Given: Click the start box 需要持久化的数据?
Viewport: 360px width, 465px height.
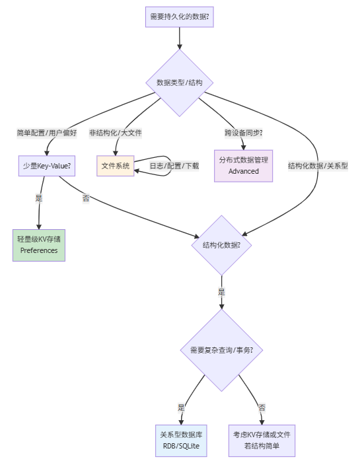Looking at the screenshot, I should click(179, 16).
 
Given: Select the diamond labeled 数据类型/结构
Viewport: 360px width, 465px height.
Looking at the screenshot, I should click(179, 83).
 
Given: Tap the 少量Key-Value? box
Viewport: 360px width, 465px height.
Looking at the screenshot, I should click(47, 165).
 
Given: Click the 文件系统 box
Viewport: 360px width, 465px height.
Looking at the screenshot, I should click(116, 165).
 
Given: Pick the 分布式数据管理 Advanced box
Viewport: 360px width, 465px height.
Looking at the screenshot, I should click(244, 165).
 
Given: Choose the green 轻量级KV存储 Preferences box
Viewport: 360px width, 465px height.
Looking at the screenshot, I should click(39, 244).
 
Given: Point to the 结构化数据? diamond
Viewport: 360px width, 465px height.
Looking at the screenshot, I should click(221, 244).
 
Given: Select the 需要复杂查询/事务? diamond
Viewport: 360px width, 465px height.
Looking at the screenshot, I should click(221, 350).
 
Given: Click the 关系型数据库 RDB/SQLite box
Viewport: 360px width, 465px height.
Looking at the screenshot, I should click(181, 441).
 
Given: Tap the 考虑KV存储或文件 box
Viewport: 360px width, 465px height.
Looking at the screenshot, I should click(262, 441).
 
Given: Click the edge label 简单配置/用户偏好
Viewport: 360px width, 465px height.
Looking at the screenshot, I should click(47, 132).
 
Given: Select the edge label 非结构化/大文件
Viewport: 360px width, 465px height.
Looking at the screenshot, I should click(116, 132).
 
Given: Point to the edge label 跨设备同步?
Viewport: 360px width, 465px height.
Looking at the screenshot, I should click(244, 132).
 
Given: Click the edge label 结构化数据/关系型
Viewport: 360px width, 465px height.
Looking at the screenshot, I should click(318, 166).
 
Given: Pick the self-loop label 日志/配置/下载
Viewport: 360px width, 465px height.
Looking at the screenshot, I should click(174, 166).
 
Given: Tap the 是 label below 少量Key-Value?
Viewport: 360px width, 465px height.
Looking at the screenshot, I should click(39, 197).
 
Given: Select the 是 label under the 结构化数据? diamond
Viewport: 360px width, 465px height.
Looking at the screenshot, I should click(221, 291).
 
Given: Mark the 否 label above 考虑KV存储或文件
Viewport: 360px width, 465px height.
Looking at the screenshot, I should click(262, 408).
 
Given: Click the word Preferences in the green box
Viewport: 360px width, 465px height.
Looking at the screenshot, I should click(39, 250).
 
